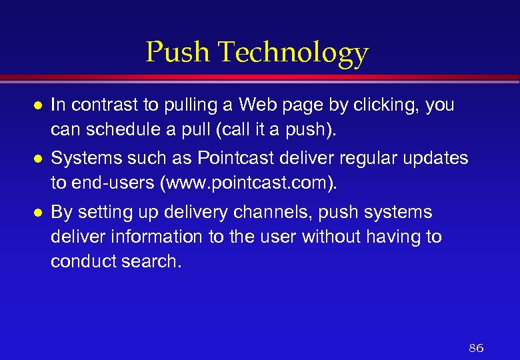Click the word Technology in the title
pyautogui.click(x=293, y=53)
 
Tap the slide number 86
pyautogui.click(x=476, y=348)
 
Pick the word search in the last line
pyautogui.click(x=153, y=261)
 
